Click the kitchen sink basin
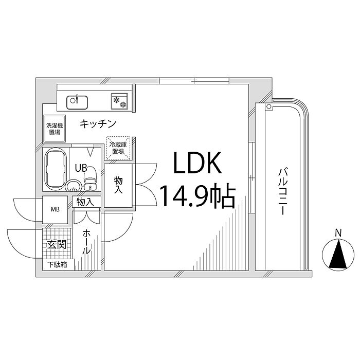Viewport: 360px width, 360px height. tap(77, 102)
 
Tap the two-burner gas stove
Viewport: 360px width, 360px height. tap(119, 101)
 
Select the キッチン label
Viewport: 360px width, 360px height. tap(98, 124)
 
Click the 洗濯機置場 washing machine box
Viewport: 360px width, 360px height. tap(55, 129)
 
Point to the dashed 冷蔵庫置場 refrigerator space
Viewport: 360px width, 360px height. tap(118, 148)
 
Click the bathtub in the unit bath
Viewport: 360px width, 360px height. tap(56, 169)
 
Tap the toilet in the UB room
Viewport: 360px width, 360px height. tap(91, 178)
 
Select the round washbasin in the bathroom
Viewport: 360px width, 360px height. tap(73, 186)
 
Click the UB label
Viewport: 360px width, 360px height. tap(81, 168)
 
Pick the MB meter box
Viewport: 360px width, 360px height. tap(55, 210)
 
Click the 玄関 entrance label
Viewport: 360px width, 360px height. tap(57, 245)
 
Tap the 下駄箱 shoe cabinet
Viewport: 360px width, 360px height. tap(58, 265)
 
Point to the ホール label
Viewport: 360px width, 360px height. tap(86, 242)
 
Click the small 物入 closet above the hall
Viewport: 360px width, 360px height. tap(86, 202)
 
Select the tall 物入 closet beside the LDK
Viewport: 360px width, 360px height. tap(118, 186)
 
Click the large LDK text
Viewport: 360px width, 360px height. tap(197, 163)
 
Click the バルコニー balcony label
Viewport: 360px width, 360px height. tap(283, 192)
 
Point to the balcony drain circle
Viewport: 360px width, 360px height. tap(268, 106)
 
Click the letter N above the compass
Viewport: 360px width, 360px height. tap(338, 233)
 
